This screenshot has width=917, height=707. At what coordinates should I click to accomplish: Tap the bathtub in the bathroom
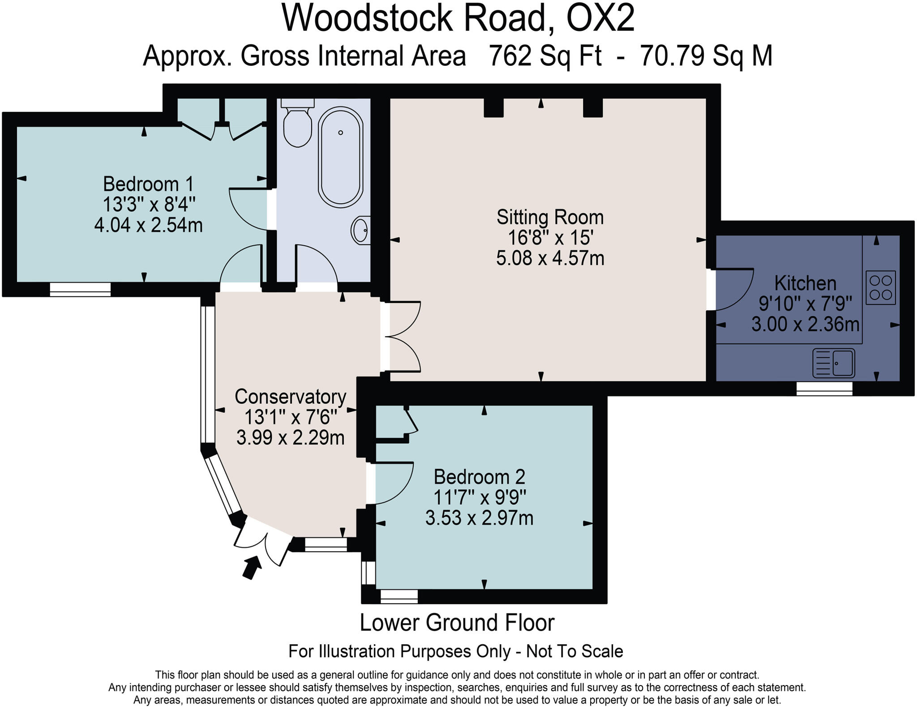(x=340, y=157)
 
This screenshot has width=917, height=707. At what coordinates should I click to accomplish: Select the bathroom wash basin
(x=361, y=230)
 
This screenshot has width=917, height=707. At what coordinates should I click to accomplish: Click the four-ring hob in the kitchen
(x=880, y=287)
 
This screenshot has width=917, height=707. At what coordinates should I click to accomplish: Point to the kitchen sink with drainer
(x=833, y=363)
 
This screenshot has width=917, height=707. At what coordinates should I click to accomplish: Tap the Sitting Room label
(x=550, y=218)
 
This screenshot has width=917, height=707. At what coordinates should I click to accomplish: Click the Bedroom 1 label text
(x=148, y=184)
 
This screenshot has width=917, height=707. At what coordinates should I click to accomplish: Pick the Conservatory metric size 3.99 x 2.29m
(x=290, y=437)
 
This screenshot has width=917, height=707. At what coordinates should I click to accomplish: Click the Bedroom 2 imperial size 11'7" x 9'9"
(x=479, y=497)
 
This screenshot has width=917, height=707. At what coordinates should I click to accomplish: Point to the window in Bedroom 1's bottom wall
(x=80, y=289)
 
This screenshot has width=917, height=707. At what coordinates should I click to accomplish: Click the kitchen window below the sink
(x=824, y=389)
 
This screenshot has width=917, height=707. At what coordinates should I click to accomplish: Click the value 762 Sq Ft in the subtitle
(x=544, y=56)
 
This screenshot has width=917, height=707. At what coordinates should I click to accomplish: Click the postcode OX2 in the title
(x=600, y=19)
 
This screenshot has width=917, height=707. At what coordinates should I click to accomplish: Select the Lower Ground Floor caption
(x=457, y=623)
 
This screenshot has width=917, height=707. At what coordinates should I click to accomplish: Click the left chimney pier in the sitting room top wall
(x=494, y=107)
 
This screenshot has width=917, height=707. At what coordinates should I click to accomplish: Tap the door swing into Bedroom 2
(x=392, y=484)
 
